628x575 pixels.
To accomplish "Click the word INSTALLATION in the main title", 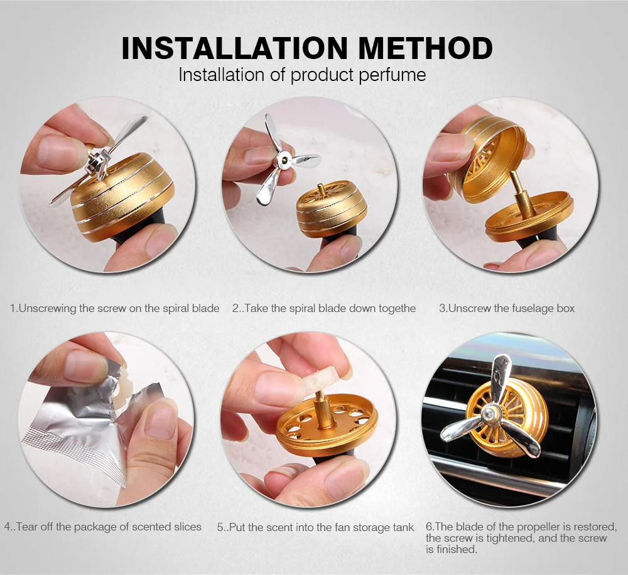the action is coord(234,48).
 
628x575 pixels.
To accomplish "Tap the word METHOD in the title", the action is coord(425,48).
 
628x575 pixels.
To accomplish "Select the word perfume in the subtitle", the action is coord(392,75).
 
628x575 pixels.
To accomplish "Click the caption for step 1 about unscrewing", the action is coord(114,308).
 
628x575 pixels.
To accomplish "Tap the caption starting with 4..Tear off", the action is coord(103,527).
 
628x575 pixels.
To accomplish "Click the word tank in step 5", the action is coord(403,527).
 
